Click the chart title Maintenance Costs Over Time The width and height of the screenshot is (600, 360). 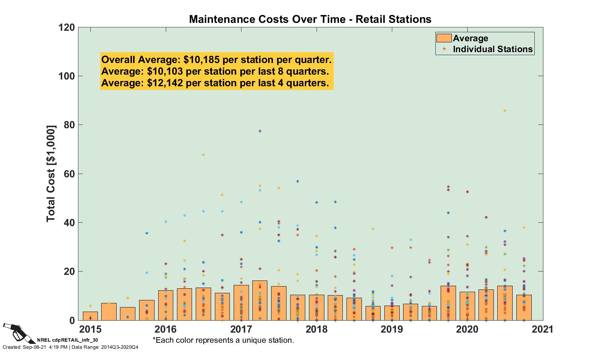click(310, 19)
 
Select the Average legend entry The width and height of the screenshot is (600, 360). click(470, 38)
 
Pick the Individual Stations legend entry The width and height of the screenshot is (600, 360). click(492, 49)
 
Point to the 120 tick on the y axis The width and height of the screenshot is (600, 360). click(66, 27)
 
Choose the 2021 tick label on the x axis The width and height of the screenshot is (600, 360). click(543, 329)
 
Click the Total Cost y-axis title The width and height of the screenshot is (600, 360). click(51, 174)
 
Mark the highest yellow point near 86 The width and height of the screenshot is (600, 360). click(505, 111)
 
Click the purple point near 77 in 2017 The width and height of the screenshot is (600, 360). click(260, 131)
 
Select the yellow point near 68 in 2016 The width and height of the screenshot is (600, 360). click(203, 155)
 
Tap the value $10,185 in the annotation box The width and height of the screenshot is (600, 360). click(202, 60)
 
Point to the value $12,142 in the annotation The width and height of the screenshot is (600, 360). click(165, 83)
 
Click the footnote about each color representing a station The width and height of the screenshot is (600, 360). click(223, 340)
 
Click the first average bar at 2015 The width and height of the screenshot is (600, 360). click(90, 316)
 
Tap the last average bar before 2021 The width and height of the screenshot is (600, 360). click(523, 307)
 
